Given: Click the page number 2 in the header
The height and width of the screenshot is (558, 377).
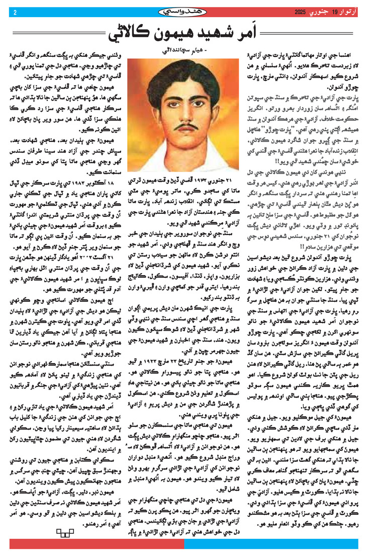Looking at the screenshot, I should click(16, 11).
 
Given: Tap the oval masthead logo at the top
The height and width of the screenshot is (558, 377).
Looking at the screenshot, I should click(189, 11).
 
